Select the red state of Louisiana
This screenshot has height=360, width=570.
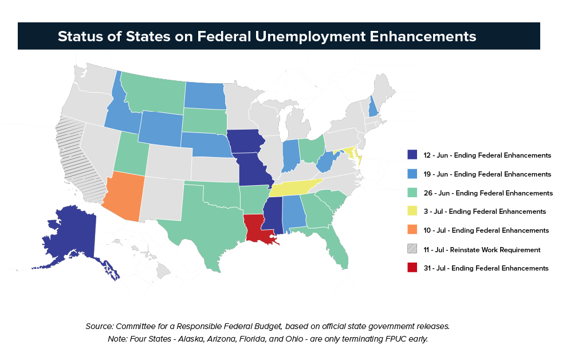[x=257, y=229]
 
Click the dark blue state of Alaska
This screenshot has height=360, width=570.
[x=72, y=235]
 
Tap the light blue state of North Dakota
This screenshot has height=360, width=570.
[x=205, y=95]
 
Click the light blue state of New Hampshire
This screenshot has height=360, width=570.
[x=374, y=106]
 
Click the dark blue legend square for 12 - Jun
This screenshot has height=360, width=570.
[x=412, y=155]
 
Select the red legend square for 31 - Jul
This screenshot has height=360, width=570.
[x=412, y=268]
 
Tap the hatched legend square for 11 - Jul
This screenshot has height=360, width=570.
[x=412, y=249]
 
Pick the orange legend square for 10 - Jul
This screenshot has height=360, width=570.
[x=412, y=230]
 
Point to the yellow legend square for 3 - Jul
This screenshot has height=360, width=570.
[x=412, y=212]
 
